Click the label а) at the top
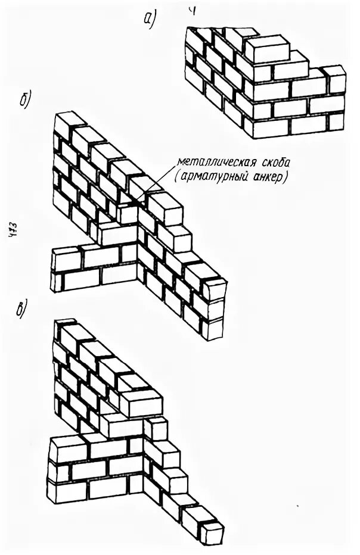click(x=149, y=20)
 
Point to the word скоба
click(x=266, y=161)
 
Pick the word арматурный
click(x=215, y=177)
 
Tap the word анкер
click(x=265, y=177)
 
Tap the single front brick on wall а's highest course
click(x=266, y=50)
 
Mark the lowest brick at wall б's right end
click(x=212, y=329)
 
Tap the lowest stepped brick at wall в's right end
click(x=212, y=533)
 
